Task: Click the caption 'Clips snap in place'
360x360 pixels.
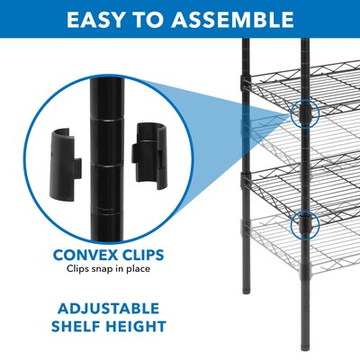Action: [x=112, y=268]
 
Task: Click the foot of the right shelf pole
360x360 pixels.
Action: [x=307, y=346]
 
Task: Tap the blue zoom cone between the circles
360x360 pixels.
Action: [x=234, y=126]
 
